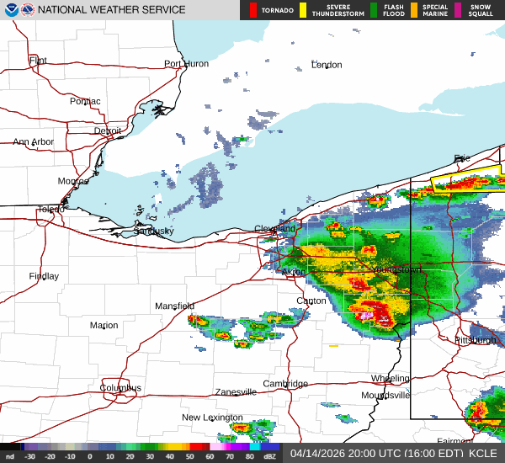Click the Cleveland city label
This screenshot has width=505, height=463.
click(275, 229)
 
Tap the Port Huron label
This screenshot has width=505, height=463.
click(186, 64)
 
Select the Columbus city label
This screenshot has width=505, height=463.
click(120, 388)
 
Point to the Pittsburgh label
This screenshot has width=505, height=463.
click(476, 340)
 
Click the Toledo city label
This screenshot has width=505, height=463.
click(51, 210)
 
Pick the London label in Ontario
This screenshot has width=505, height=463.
click(327, 65)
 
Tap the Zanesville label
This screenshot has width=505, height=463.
click(236, 392)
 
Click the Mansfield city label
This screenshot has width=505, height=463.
click(174, 306)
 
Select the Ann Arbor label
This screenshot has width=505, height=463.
click(34, 142)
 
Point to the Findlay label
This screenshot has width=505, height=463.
click(44, 276)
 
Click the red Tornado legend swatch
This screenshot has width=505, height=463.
click(252, 10)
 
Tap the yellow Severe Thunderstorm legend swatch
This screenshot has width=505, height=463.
click(303, 10)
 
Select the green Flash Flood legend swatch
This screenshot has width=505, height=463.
click(374, 10)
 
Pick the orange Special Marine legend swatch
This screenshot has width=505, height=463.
click(426, 10)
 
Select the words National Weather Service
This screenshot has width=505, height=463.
click(112, 10)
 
